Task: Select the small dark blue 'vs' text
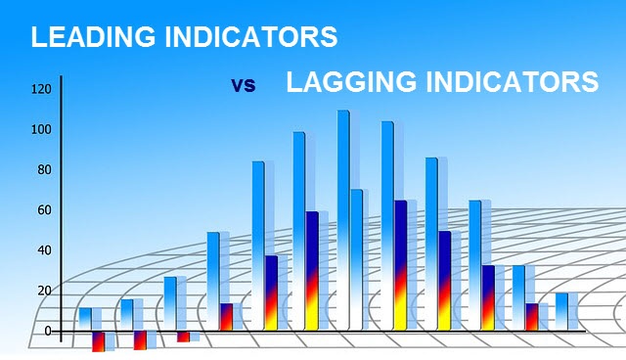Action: tap(244, 85)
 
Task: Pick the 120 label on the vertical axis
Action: tap(40, 90)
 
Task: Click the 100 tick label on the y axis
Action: tap(40, 130)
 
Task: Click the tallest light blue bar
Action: tap(343, 215)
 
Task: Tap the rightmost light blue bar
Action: tap(561, 311)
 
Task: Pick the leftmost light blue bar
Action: tap(85, 319)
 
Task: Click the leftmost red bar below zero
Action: tap(98, 341)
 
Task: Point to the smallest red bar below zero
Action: tap(183, 337)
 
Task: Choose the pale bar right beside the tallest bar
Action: tap(356, 259)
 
